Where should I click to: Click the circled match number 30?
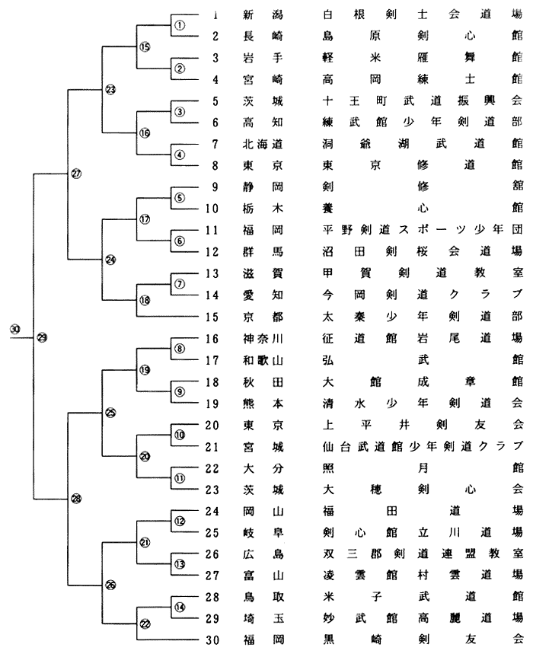click(15, 329)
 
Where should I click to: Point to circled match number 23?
click(110, 90)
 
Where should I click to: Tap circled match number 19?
click(145, 370)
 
